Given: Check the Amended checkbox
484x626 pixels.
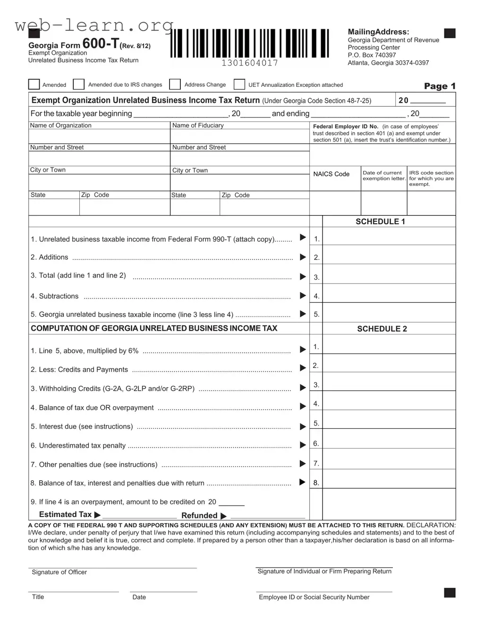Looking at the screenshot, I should coord(34,84).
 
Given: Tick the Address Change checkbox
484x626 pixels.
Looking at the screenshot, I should coord(175,84).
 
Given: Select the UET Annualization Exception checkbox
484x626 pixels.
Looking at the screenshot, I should coord(239,84).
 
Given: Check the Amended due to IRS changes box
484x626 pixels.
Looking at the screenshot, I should coord(79,84).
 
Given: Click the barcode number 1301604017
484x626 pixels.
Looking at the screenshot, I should coord(250,63).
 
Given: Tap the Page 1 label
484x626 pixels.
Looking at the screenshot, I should coord(440,86).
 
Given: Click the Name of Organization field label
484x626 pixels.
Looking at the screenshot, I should coord(61,125).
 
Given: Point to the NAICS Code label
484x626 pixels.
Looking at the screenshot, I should coord(331,174).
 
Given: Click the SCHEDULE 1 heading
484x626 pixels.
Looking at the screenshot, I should coord(380,222).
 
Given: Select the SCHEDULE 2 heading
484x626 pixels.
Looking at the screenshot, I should coord(382,329).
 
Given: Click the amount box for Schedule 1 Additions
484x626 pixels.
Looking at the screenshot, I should coord(389,255).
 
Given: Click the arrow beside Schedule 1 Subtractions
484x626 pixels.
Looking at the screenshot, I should coord(303,296).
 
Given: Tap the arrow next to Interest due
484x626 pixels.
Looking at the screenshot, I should coord(303,426).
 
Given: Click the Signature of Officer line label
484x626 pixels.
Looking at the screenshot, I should coord(59,572).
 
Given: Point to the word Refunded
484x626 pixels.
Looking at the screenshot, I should coord(199,516).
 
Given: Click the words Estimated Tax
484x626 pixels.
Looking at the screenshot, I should coord(65,515).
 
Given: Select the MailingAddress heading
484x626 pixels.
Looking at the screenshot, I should coord(379,32).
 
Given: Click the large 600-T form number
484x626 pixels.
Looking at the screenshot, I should coord(101,43).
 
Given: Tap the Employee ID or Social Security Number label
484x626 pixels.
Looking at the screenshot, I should coord(314,597).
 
